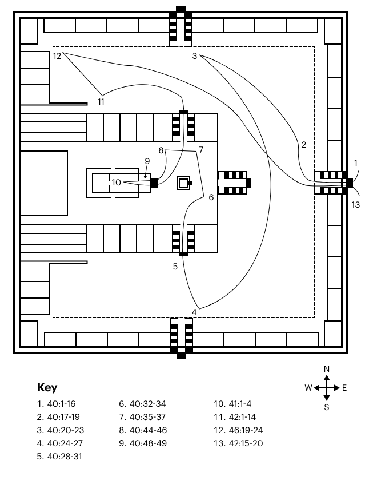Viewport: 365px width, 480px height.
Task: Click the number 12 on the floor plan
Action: tap(57, 55)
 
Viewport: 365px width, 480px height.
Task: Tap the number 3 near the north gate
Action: tap(195, 55)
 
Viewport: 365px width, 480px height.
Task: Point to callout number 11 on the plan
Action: tap(101, 102)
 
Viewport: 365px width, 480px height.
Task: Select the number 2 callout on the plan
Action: tap(304, 144)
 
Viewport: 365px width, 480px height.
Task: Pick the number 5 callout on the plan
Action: tap(175, 266)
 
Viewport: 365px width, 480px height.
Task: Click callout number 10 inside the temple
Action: tap(116, 183)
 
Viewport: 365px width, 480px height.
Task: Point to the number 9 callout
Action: tap(147, 161)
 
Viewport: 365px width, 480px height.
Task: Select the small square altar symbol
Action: tap(184, 183)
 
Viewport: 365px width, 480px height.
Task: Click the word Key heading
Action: tap(47, 387)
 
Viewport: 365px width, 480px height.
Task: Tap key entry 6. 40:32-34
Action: tap(142, 403)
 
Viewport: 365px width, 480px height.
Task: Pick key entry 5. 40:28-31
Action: tap(61, 457)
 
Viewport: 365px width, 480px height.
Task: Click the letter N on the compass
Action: tap(327, 369)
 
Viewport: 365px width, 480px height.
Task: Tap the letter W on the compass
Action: tap(308, 388)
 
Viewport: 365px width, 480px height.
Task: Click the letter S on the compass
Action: tap(327, 407)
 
